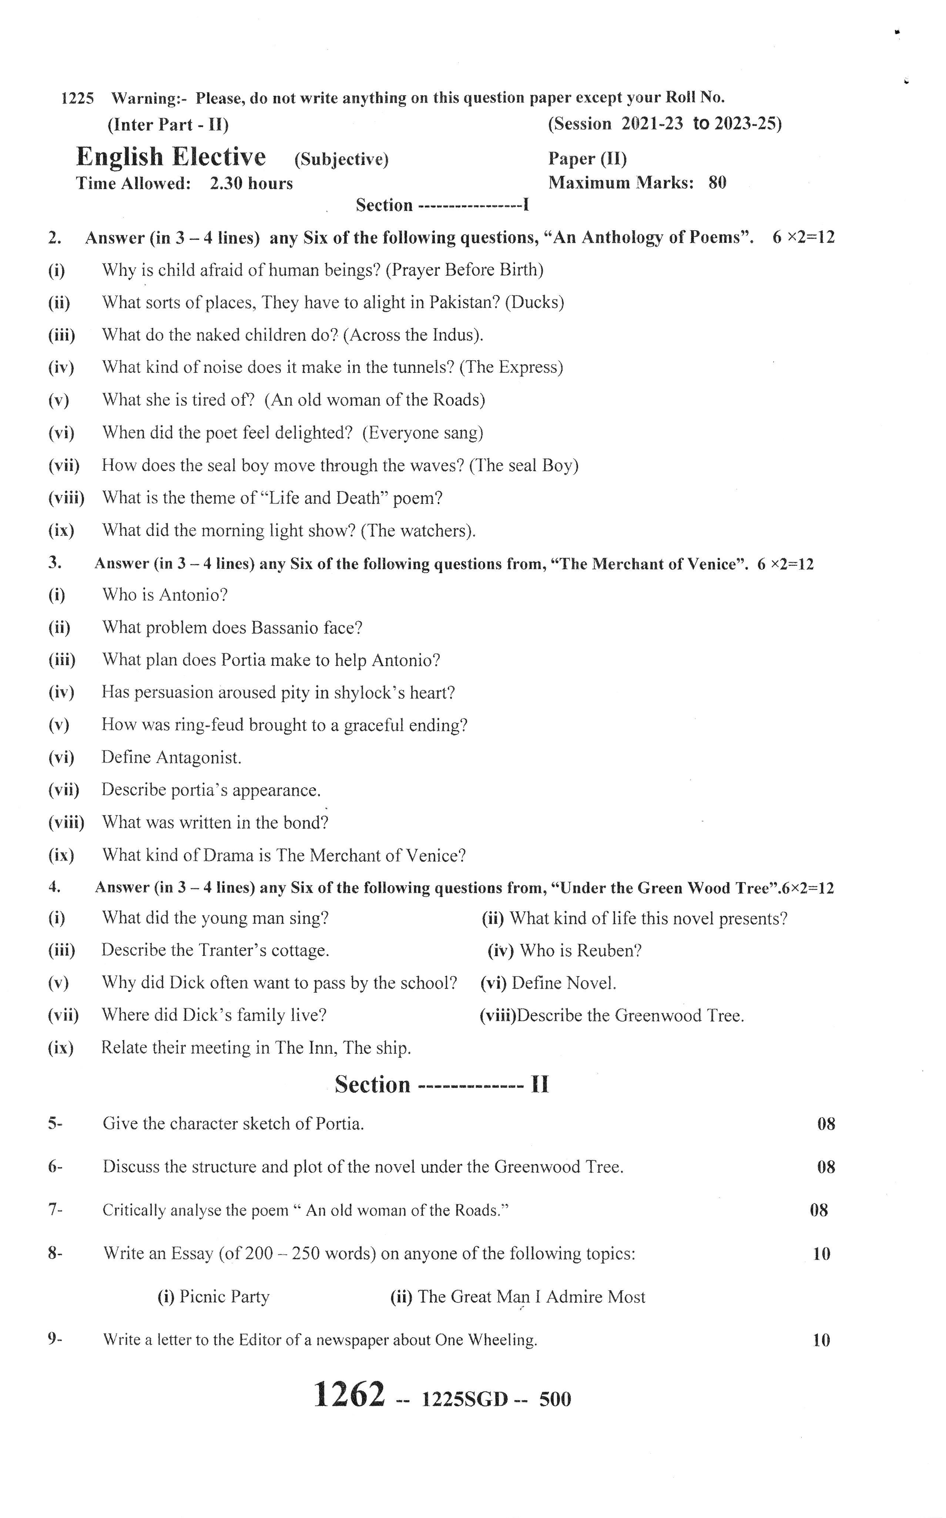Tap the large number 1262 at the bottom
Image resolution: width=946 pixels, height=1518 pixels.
(349, 1395)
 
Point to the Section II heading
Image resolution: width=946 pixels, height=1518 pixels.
(441, 1085)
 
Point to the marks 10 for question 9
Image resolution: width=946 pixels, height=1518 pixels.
(821, 1340)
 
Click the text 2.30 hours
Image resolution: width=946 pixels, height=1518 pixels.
(251, 183)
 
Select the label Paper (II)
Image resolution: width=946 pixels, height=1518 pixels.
(587, 158)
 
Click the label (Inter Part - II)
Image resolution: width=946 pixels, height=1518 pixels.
(168, 124)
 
